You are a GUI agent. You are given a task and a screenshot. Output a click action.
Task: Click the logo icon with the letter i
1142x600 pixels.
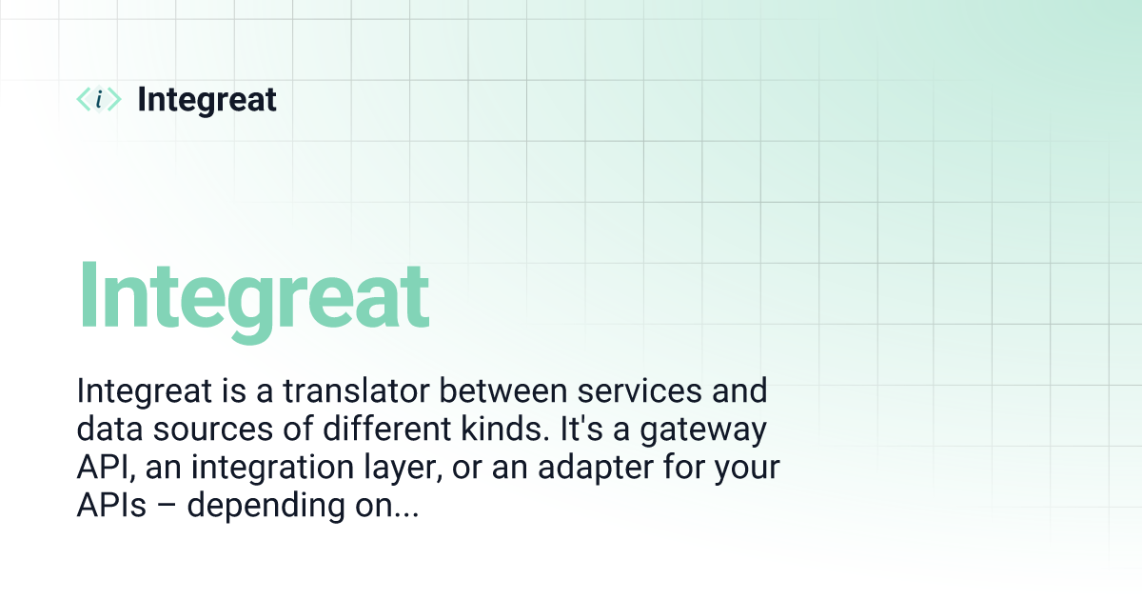coord(98,99)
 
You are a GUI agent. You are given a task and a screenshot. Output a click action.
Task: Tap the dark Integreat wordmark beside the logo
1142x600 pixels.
coord(207,99)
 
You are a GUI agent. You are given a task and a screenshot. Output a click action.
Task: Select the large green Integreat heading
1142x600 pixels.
coord(253,294)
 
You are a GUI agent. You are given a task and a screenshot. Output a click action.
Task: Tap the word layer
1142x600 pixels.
coord(418,470)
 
